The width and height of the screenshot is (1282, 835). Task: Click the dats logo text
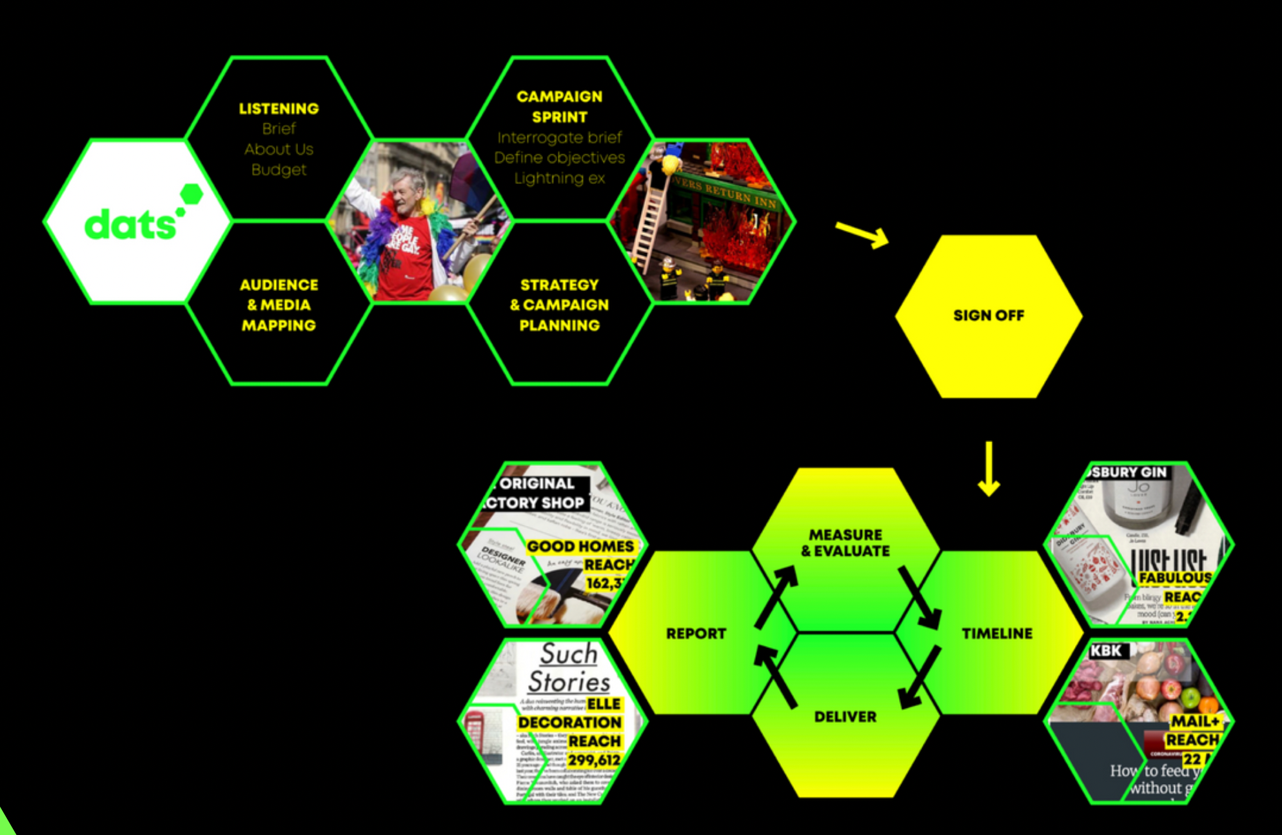click(130, 225)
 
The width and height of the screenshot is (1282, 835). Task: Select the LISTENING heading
click(279, 108)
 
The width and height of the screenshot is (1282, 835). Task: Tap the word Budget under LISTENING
click(279, 170)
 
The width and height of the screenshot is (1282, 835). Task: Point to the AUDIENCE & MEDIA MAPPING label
click(279, 305)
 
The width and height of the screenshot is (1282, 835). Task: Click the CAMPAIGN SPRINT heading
click(559, 106)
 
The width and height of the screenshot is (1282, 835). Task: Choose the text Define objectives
click(559, 157)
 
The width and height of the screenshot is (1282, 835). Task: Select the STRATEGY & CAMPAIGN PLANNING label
click(559, 305)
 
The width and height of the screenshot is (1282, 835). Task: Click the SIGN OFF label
click(988, 316)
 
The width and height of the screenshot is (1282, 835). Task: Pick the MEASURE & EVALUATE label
click(845, 543)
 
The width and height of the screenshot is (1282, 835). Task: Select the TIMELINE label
click(997, 634)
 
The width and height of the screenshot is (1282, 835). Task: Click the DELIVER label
click(845, 717)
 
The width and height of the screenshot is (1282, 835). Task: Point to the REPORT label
click(696, 634)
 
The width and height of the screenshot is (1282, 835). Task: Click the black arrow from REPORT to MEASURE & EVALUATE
click(776, 596)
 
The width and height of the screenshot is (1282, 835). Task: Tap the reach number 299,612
click(594, 760)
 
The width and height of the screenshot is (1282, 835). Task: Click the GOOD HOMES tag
click(580, 547)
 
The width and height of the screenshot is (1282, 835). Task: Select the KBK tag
click(1106, 650)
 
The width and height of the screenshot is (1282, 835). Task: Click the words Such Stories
click(569, 669)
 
